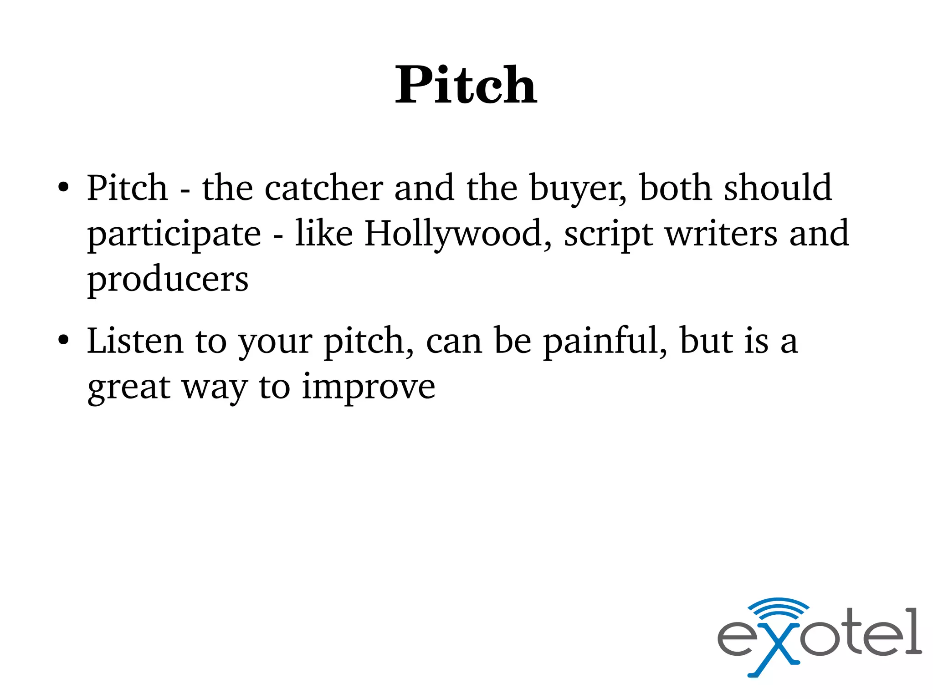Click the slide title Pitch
pyautogui.click(x=466, y=85)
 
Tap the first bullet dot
pyautogui.click(x=63, y=188)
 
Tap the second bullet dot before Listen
pyautogui.click(x=63, y=340)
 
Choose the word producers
pyautogui.click(x=168, y=280)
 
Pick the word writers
pyautogui.click(x=721, y=233)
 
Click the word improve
pyautogui.click(x=368, y=387)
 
